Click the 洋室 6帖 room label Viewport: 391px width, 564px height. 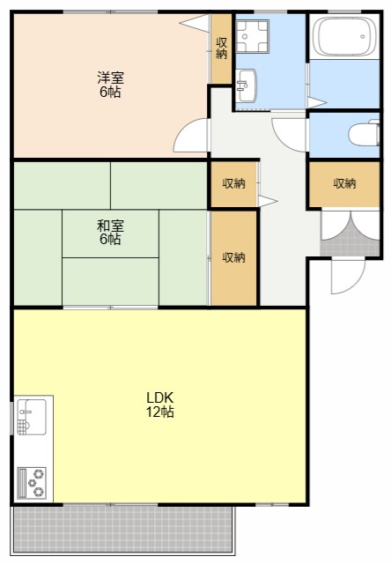tap(110, 85)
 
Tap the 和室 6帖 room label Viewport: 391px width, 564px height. tap(110, 233)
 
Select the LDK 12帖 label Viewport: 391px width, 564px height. tap(160, 404)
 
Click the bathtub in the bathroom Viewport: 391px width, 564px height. tap(344, 37)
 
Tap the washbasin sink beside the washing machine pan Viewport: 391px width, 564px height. tap(247, 85)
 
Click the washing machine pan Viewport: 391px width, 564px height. tap(252, 36)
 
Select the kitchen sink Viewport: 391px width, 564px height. tap(32, 417)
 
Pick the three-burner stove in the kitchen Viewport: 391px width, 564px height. tap(32, 483)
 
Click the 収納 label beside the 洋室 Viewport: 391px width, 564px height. tap(221, 48)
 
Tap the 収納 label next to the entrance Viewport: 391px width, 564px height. tap(344, 184)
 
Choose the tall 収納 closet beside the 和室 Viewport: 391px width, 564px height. tap(234, 258)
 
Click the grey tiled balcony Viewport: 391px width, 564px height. tap(123, 530)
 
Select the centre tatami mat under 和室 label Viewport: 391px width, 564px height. tap(110, 234)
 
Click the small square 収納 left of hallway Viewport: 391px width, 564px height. tap(233, 184)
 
